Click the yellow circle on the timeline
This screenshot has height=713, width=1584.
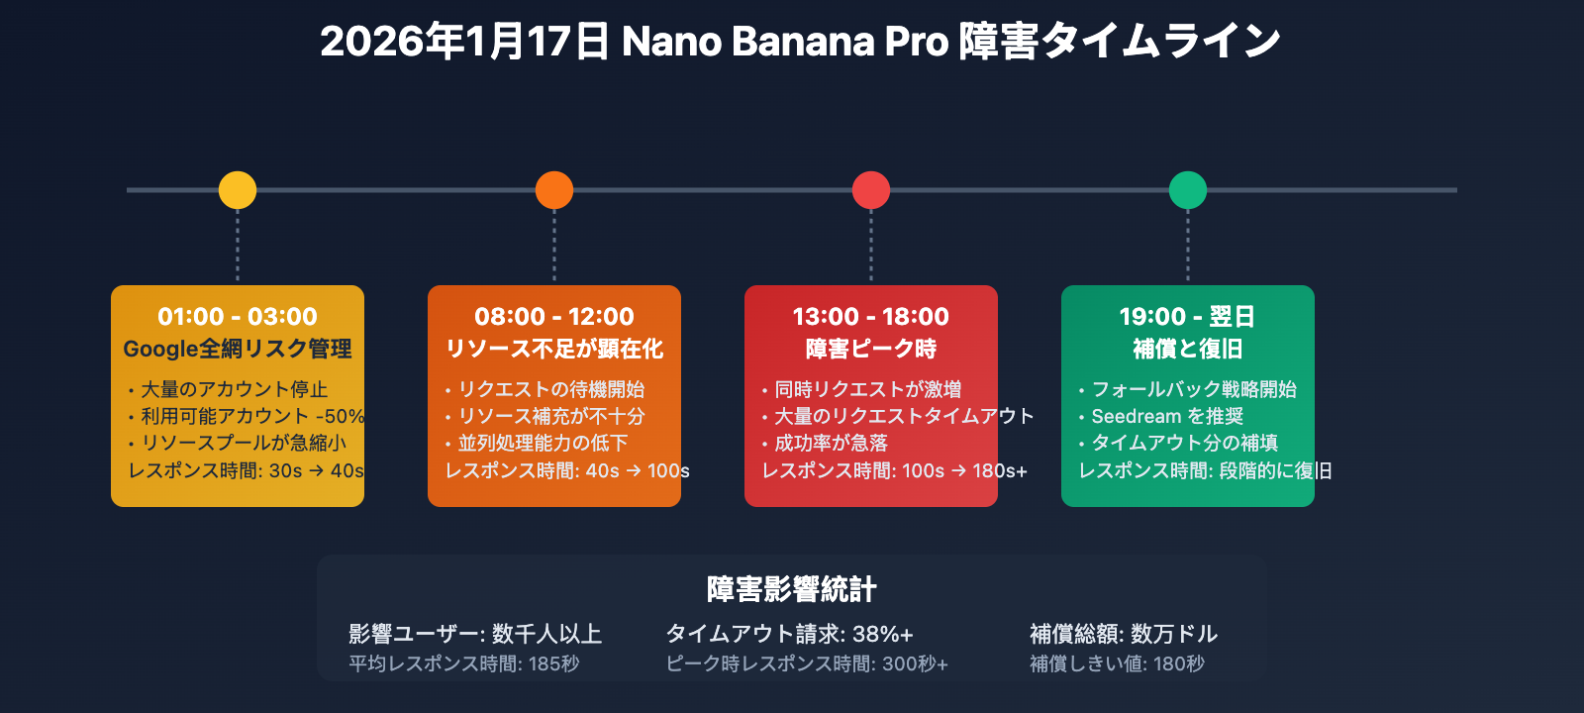click(x=238, y=190)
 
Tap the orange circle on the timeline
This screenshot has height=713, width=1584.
click(x=554, y=190)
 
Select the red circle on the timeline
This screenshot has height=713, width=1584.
click(x=871, y=190)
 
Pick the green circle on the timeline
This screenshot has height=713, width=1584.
click(x=1188, y=190)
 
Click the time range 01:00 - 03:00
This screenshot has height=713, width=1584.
click(x=238, y=317)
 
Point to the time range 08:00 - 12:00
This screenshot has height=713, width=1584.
click(x=554, y=317)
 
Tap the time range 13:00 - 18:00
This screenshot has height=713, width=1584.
click(x=871, y=317)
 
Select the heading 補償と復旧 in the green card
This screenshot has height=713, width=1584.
click(x=1188, y=349)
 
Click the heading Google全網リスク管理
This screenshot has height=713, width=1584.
click(x=238, y=349)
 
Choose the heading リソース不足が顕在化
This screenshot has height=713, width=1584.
click(x=554, y=349)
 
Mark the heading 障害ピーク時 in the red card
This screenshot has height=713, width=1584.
click(x=871, y=349)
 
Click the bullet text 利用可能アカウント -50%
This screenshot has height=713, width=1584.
click(x=252, y=416)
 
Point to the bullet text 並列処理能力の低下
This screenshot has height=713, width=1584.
click(x=543, y=443)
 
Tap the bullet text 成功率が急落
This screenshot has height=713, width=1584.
click(x=832, y=443)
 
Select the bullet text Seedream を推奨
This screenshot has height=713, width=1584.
click(x=1167, y=416)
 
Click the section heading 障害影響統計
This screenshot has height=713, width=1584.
click(x=792, y=589)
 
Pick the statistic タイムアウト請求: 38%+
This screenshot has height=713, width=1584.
click(x=789, y=634)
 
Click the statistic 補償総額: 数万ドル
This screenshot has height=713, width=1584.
click(x=1124, y=634)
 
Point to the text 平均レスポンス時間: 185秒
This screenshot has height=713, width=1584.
click(x=464, y=663)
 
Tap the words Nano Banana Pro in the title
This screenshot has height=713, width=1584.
click(x=785, y=42)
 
